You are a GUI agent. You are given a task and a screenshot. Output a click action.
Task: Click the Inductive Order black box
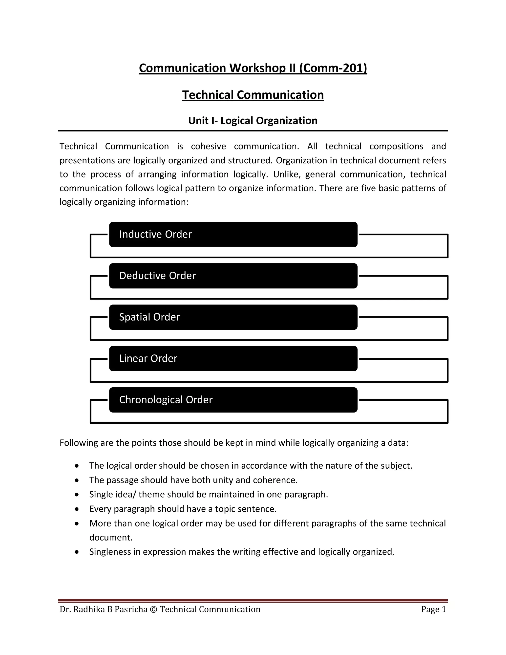pos(233,234)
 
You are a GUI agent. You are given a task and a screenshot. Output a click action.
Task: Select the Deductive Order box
pos(233,276)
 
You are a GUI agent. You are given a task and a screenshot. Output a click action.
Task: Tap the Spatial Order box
pos(233,317)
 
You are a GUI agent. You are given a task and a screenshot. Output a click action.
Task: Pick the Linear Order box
pos(233,358)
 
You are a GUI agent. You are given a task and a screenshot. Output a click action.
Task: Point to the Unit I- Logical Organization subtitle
pos(253,121)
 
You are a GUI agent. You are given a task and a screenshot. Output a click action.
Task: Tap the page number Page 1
pos(433,609)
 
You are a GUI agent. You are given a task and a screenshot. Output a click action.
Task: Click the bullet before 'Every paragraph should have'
pos(77,509)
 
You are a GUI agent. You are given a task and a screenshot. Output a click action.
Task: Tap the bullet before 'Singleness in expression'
pos(77,552)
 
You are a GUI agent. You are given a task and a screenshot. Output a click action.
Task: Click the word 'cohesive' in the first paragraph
pos(208,146)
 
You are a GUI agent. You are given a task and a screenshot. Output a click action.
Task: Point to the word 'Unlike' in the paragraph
pos(285,174)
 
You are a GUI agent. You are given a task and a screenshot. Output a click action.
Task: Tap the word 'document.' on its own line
pos(111,537)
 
